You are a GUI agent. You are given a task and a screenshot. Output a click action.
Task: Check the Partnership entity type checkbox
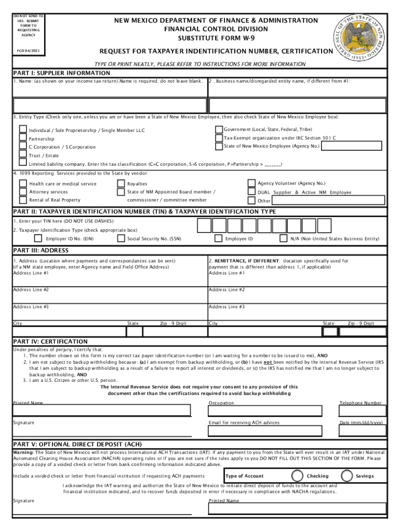pos(23,138)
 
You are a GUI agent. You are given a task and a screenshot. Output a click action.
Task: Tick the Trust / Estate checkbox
pos(23,154)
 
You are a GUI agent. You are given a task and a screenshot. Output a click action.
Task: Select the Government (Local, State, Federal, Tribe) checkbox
pos(219,129)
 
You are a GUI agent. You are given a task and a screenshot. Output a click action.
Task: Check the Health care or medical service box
pos(23,183)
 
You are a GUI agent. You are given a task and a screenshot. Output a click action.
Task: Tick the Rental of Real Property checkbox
pos(23,199)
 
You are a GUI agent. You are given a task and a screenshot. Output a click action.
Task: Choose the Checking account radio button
pos(298,475)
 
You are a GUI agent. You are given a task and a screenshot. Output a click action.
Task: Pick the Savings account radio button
pos(347,475)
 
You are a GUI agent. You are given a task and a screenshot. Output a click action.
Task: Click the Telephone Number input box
pos(363,410)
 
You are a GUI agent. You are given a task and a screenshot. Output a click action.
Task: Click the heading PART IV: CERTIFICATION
pos(50,341)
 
